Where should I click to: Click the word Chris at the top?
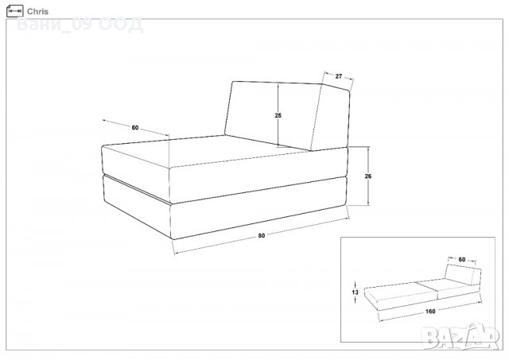pos(37,11)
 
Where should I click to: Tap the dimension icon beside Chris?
pos(15,11)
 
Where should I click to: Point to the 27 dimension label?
pos(339,76)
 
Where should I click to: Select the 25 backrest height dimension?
pos(278,115)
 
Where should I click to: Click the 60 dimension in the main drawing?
pos(135,128)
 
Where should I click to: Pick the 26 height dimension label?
pos(367,176)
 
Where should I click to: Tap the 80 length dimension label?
pos(262,235)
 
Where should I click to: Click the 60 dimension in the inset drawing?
pos(462,259)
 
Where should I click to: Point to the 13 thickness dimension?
pos(356,292)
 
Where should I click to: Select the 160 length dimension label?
pos(430,312)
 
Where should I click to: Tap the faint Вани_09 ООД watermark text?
pos(80,25)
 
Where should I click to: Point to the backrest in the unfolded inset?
pos(463,274)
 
